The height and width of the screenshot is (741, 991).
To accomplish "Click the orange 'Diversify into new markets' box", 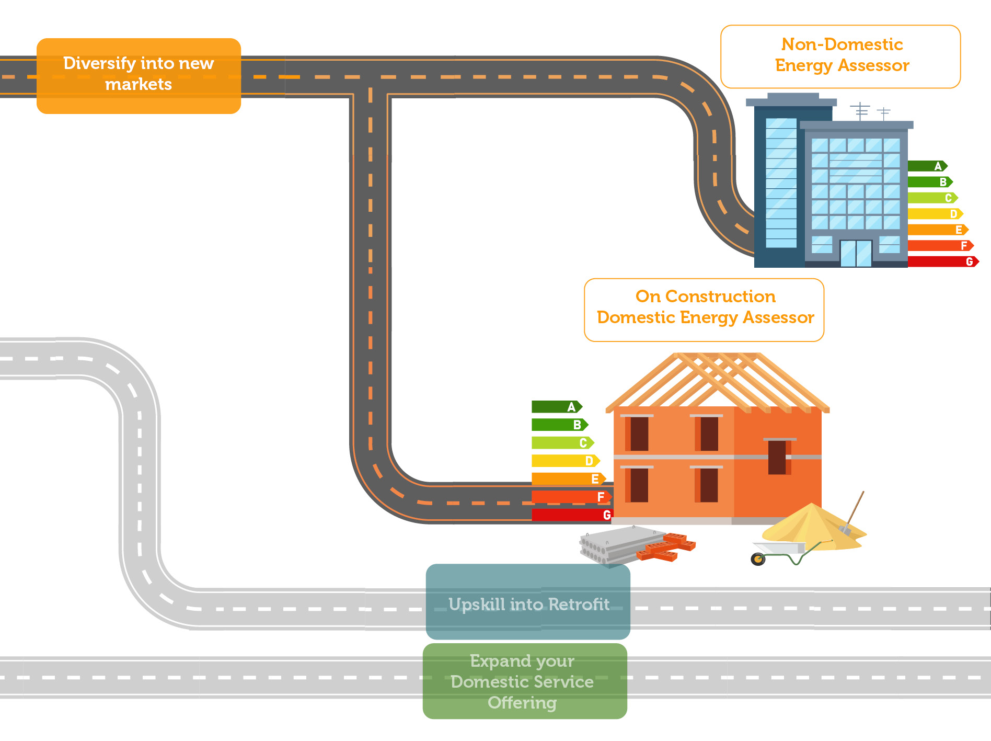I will tap(139, 75).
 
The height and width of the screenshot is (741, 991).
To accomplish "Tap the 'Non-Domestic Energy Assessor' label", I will tap(840, 56).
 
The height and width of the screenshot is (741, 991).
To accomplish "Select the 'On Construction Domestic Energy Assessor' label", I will tap(704, 310).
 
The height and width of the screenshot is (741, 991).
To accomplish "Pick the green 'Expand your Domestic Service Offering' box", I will tap(525, 681).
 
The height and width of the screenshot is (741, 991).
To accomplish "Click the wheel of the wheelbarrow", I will tap(758, 560).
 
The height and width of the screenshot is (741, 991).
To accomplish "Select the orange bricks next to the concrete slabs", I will tap(666, 546).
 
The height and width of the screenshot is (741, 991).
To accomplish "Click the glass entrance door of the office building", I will tap(856, 253).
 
